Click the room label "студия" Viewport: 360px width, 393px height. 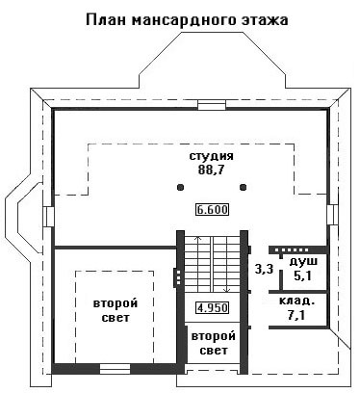[x=212, y=157]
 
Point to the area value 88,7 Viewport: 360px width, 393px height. [x=211, y=170]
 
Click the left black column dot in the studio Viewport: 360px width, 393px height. [x=181, y=187]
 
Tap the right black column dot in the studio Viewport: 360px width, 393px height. [x=244, y=187]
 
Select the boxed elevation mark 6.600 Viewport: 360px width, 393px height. [x=213, y=210]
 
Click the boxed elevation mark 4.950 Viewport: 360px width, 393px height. [x=213, y=308]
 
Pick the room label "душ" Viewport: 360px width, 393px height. [x=303, y=262]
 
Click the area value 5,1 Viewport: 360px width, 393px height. [x=303, y=275]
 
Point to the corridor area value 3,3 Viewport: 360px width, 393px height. [x=264, y=269]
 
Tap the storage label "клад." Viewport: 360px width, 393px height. [x=296, y=301]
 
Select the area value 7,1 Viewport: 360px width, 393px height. [x=296, y=315]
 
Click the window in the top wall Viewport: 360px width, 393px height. [x=212, y=105]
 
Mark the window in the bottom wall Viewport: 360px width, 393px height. [x=115, y=369]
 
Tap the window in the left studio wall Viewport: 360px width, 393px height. [x=48, y=217]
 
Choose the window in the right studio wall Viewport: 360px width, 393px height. [x=332, y=215]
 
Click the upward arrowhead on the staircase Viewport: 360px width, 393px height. [x=198, y=239]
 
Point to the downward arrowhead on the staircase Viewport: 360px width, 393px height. [x=227, y=290]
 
